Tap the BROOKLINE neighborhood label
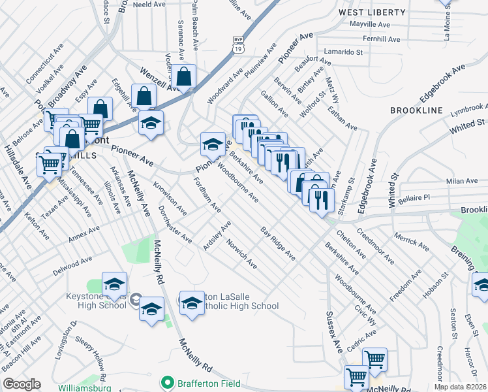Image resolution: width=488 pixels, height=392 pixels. point(417,111)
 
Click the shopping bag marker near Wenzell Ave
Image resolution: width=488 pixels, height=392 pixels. point(185,76)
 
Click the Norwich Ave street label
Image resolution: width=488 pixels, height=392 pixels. point(241,253)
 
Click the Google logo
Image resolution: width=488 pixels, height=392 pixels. point(22,384)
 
